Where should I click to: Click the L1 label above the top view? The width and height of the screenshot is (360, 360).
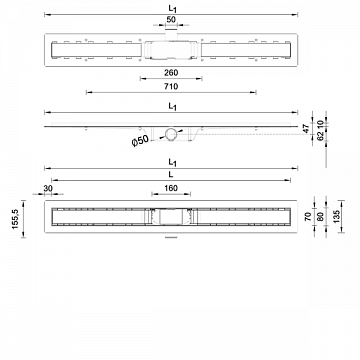[x=175, y=9]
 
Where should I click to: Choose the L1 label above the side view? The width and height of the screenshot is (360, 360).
[x=175, y=104]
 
